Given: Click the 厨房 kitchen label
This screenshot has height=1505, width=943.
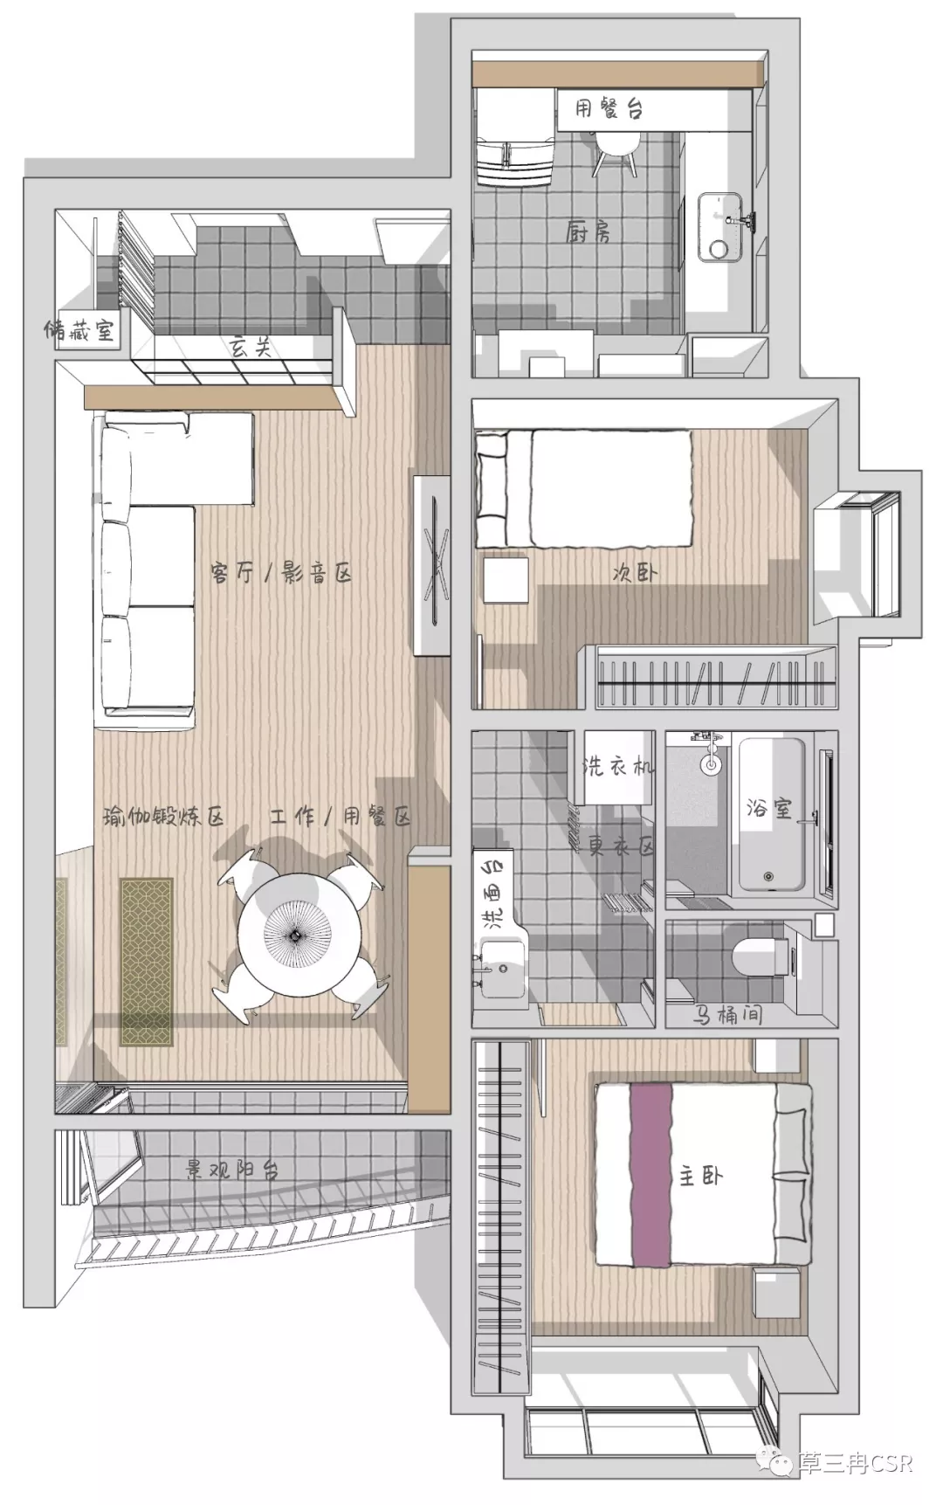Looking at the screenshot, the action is pos(589,231).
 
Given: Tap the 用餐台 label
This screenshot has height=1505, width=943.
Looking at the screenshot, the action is pos(609,108).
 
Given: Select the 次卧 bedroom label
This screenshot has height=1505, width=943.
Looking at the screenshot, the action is pos(635,573).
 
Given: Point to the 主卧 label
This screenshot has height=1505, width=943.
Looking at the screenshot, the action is pos(701,1176).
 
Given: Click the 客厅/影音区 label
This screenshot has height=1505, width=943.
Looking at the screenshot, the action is pos(280,573).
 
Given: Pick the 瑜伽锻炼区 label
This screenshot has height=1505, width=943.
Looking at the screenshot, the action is pos(164,817).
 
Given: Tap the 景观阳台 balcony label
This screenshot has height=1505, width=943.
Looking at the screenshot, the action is pos(232,1169).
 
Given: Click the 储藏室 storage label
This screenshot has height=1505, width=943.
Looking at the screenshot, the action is pos(80,330).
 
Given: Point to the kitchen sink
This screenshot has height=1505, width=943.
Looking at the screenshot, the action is pos(724,227).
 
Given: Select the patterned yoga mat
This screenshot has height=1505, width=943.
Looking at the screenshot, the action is pos(147,962).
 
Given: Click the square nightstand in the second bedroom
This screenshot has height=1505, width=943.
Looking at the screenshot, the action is pos(506,581).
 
